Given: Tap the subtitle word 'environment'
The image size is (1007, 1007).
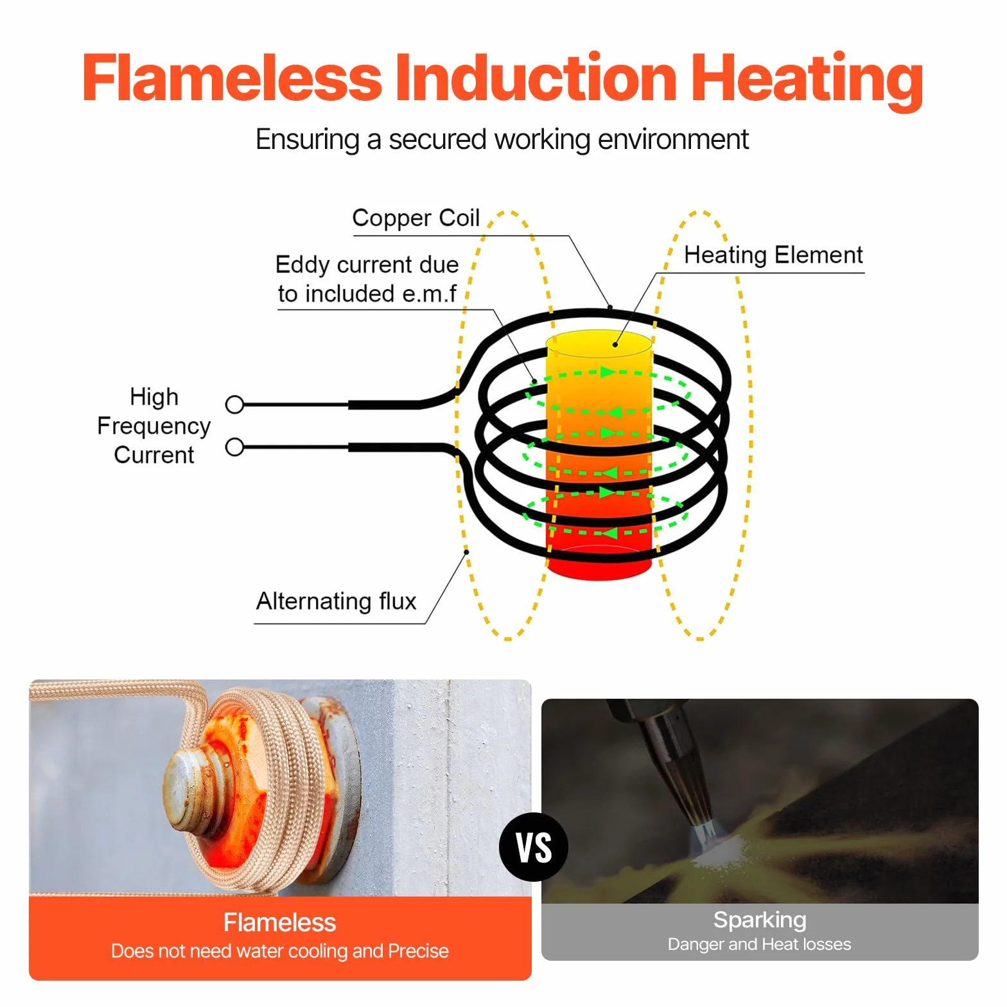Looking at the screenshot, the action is (673, 139).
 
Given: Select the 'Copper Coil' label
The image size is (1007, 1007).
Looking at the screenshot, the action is (416, 218).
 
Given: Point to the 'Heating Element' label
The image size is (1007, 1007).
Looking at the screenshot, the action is (773, 255).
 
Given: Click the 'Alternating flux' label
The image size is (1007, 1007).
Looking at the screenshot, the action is (337, 601).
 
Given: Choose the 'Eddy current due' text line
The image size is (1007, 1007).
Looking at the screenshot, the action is (367, 265).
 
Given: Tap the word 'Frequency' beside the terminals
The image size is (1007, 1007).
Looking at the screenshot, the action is (154, 426).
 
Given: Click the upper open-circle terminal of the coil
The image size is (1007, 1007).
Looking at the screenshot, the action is (235, 405).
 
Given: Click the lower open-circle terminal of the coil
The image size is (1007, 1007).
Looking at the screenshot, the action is (235, 447).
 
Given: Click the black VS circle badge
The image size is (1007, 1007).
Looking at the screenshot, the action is (534, 846).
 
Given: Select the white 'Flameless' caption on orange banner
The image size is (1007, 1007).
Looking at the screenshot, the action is (279, 923).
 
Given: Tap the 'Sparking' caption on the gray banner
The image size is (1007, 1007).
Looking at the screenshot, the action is (760, 920).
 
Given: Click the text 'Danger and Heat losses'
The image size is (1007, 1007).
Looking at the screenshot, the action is (760, 944).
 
